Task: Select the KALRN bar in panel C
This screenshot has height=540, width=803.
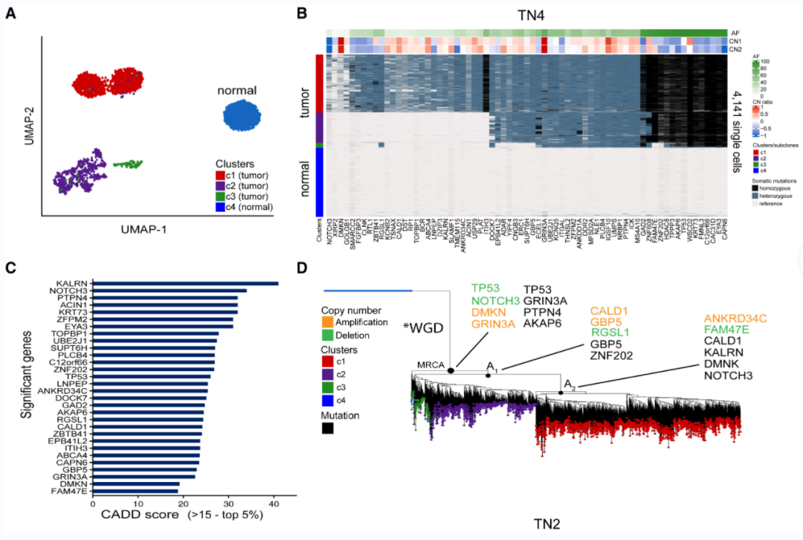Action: (x=185, y=283)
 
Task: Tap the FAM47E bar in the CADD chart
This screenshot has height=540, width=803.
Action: (x=136, y=491)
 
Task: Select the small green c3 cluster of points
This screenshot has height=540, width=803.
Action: (x=127, y=164)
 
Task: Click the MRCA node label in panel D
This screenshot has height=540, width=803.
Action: (x=431, y=364)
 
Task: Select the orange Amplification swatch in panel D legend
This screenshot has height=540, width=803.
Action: (x=327, y=322)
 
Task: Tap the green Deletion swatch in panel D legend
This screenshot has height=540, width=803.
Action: (x=327, y=335)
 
